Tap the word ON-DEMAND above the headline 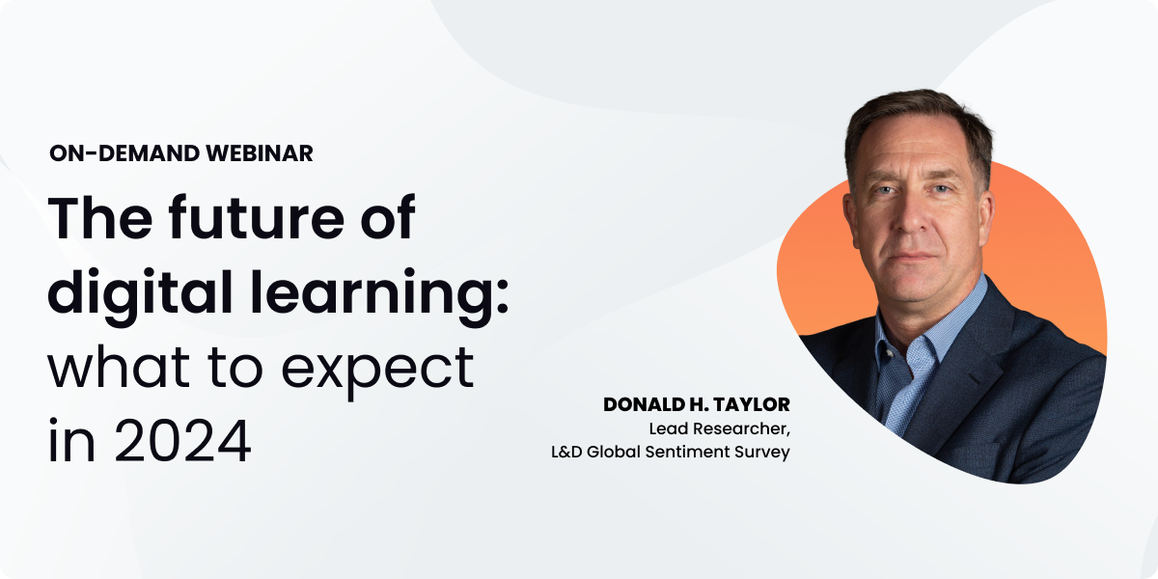coord(124,153)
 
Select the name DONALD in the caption coord(645,405)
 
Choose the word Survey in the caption coord(762,452)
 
